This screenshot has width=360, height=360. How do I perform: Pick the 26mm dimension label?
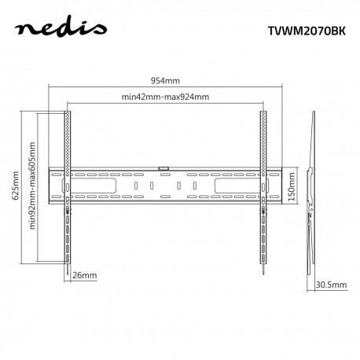click(x=83, y=276)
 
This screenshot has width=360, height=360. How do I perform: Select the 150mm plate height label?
click(x=291, y=189)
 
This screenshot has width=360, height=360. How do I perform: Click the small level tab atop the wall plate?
click(x=163, y=167)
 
